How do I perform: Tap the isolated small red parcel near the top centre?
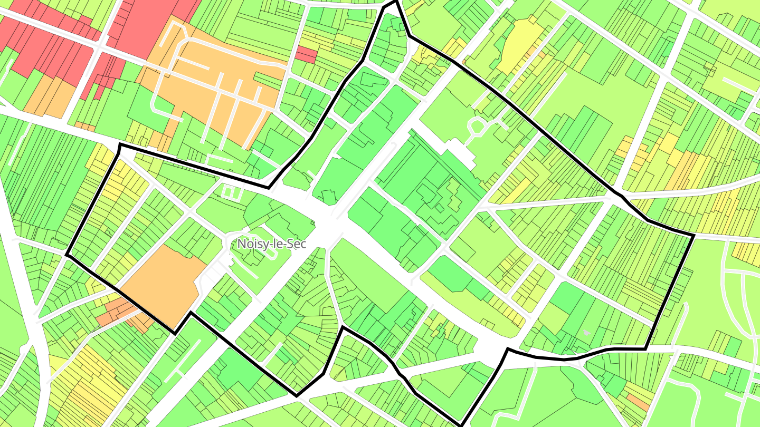coord(306,54)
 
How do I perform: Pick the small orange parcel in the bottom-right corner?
coord(638,402)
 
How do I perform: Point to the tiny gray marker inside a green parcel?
coord(586,333)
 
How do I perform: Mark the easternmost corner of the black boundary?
coord(692,235)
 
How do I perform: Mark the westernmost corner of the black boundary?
coord(66,256)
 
